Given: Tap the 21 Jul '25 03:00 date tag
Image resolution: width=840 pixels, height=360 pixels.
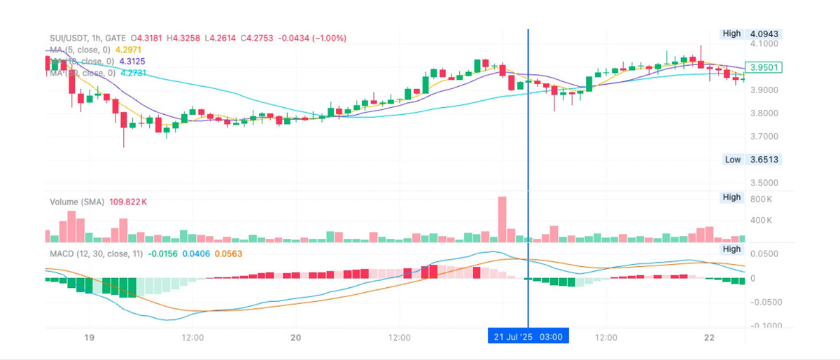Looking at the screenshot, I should pyautogui.click(x=528, y=337).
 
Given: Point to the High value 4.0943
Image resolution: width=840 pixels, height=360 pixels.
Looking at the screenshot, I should pyautogui.click(x=764, y=34).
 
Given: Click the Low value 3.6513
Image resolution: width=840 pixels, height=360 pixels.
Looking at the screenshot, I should pyautogui.click(x=764, y=160).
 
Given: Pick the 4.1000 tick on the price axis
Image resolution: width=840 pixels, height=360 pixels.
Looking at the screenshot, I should pyautogui.click(x=764, y=43).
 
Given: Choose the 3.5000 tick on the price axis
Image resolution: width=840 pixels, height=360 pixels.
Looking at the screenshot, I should pyautogui.click(x=764, y=183).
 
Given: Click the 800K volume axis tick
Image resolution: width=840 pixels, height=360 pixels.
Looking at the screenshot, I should pyautogui.click(x=760, y=199).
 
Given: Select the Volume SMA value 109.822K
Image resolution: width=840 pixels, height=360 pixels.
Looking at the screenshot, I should pyautogui.click(x=127, y=202).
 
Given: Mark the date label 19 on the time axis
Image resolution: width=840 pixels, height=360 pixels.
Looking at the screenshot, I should pyautogui.click(x=89, y=338).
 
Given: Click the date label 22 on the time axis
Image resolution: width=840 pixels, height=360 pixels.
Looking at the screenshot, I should pyautogui.click(x=709, y=338).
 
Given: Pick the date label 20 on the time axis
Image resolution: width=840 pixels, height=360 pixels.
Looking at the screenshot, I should pyautogui.click(x=295, y=338).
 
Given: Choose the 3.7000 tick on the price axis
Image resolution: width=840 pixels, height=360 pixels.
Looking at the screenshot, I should pyautogui.click(x=764, y=137).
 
